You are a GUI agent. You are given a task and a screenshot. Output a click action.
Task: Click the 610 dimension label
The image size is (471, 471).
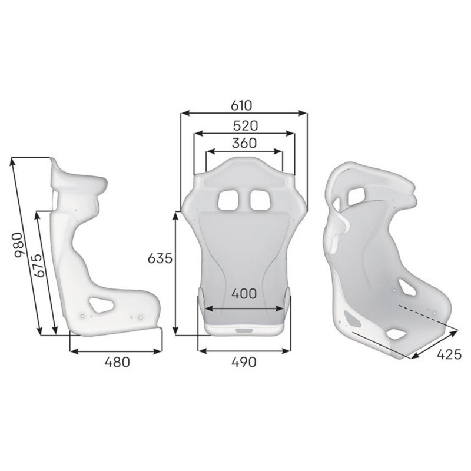(241, 106)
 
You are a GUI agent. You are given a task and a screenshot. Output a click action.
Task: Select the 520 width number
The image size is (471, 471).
(246, 126)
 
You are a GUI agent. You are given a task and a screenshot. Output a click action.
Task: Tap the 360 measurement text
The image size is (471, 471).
(244, 143)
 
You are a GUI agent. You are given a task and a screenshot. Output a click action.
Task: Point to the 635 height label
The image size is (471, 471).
(160, 258)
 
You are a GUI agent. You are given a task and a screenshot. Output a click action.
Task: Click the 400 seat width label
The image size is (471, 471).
(244, 294)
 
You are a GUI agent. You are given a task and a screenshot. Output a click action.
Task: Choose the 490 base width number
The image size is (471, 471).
(244, 362)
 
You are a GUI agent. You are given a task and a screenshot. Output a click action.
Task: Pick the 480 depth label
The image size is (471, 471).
(117, 362)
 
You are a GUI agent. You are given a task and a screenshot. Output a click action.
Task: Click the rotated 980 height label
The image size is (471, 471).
(19, 245)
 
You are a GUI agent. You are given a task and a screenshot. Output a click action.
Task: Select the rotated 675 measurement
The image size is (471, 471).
(39, 266)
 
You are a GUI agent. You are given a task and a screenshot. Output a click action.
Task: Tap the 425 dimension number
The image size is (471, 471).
(449, 355)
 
